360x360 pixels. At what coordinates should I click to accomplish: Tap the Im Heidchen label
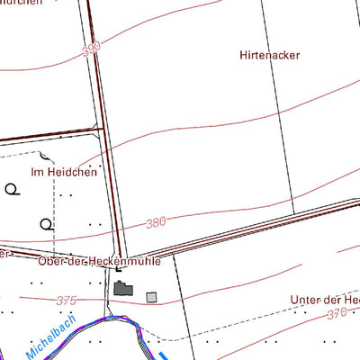coord(64,171)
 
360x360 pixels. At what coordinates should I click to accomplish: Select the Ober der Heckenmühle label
coord(99,262)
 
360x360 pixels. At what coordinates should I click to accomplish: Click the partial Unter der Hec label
coord(325,299)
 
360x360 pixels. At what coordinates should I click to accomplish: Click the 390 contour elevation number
coord(91,50)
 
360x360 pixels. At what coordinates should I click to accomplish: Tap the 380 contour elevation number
coord(156,222)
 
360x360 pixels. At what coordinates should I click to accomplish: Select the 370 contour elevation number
coord(337,313)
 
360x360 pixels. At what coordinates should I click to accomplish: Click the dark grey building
coord(123,290)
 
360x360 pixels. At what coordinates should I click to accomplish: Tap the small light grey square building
coord(151,296)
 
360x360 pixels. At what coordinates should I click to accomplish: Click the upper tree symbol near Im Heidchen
coord(12,189)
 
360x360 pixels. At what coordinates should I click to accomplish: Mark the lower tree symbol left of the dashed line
coord(46,223)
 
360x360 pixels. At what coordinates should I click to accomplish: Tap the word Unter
coord(306,299)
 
